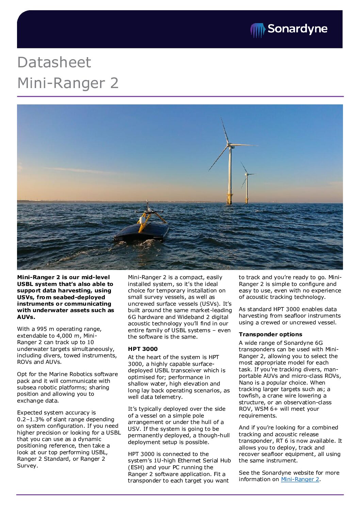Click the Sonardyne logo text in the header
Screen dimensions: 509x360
tap(297, 29)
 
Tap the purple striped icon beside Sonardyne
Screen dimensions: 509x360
tap(258, 30)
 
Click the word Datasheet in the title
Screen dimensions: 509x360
tap(54, 62)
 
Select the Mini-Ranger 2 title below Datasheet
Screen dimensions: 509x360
tap(68, 83)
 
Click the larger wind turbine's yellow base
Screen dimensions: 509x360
tap(229, 199)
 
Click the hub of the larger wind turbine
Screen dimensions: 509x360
tap(229, 145)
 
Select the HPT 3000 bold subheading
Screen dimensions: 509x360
tap(143, 349)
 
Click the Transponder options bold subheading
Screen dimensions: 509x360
tap(270, 334)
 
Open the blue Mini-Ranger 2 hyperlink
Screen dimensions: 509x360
tap(300, 479)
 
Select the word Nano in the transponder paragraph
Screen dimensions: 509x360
tap(246, 383)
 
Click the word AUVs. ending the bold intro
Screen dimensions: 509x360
tap(26, 317)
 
